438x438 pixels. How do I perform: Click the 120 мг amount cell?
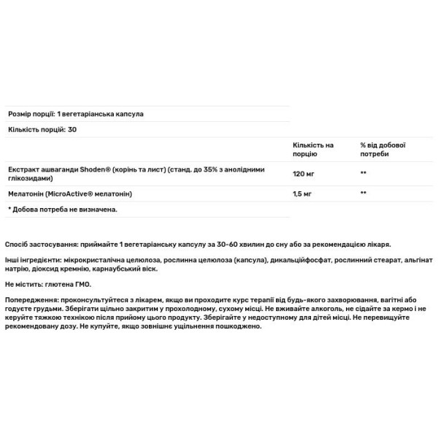click(x=303, y=174)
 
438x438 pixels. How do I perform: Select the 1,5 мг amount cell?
click(x=302, y=193)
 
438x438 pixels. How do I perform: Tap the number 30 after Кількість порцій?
click(x=72, y=129)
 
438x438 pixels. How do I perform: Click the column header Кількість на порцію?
click(x=312, y=150)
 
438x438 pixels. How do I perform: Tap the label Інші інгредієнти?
click(x=31, y=261)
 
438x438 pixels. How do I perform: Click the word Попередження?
click(x=30, y=300)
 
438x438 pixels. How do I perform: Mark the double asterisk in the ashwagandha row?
click(x=363, y=174)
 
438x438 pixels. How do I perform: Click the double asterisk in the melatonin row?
click(x=363, y=193)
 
